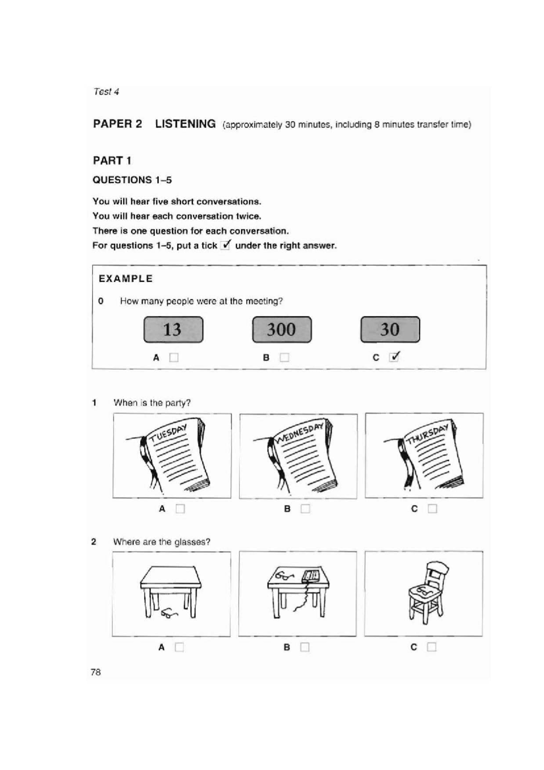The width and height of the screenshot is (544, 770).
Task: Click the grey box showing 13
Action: [x=173, y=329]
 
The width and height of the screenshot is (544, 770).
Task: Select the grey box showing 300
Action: [x=282, y=329]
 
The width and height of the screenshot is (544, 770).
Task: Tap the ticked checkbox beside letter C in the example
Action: [x=394, y=357]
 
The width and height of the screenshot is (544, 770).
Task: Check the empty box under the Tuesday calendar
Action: [x=180, y=509]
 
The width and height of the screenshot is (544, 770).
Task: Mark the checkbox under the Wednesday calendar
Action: [x=305, y=509]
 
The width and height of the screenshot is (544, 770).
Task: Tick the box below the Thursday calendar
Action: [x=432, y=509]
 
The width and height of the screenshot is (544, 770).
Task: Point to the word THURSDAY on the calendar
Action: [x=427, y=434]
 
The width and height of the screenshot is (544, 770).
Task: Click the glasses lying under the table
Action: [x=169, y=614]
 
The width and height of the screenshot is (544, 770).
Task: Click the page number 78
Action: [x=96, y=672]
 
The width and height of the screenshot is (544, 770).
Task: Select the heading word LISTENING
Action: [x=185, y=124]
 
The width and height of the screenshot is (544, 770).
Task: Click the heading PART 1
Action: [x=112, y=161]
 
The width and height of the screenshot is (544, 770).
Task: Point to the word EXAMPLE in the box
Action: [x=126, y=278]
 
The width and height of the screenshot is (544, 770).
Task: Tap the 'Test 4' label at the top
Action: [x=106, y=92]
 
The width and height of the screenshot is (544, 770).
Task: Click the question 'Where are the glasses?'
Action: [x=161, y=542]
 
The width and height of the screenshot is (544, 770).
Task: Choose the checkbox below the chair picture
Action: [x=431, y=647]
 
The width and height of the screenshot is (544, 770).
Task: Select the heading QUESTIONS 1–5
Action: [x=132, y=180]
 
